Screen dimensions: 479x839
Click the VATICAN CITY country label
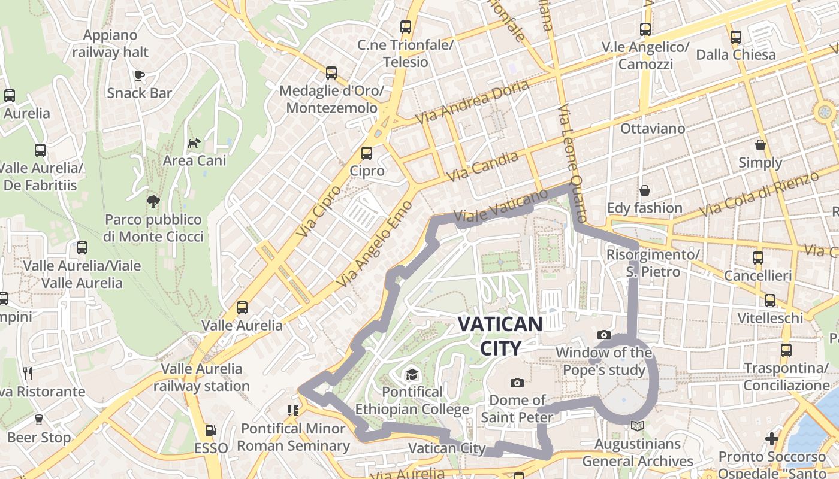click(x=500, y=336)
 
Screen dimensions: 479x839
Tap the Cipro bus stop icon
click(x=367, y=153)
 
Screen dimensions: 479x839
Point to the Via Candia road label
click(x=482, y=167)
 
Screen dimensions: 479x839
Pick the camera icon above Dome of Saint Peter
click(x=517, y=383)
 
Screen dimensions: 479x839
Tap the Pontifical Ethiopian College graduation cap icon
click(x=412, y=375)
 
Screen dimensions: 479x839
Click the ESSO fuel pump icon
click(x=210, y=430)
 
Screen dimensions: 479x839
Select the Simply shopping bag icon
click(x=760, y=145)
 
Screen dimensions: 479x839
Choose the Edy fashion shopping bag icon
click(x=644, y=190)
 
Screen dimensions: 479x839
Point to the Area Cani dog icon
click(x=194, y=143)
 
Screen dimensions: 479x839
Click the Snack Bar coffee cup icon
click(x=139, y=75)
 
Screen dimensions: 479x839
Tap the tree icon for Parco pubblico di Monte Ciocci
click(x=153, y=201)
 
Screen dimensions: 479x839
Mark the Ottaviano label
click(x=653, y=128)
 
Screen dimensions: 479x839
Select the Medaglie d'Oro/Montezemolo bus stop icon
click(x=331, y=73)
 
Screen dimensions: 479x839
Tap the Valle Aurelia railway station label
click(x=201, y=377)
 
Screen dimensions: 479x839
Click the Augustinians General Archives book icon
click(x=638, y=426)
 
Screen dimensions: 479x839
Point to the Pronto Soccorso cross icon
click(x=772, y=439)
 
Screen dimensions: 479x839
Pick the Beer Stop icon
click(x=39, y=419)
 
